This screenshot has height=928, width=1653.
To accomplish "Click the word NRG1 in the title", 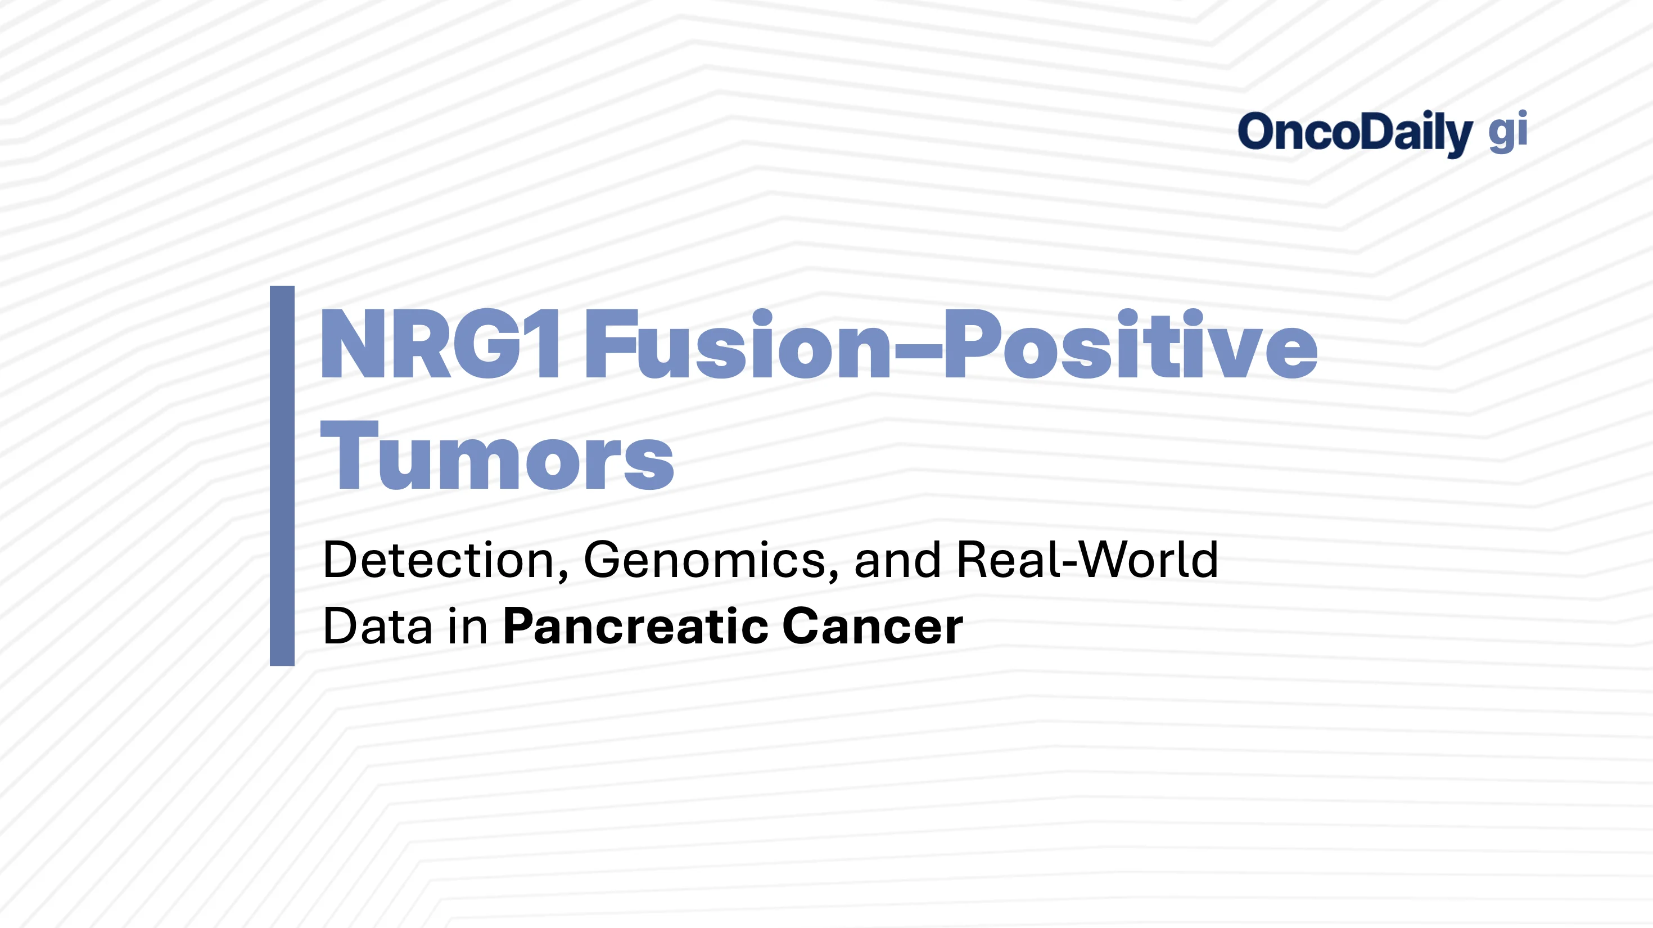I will click(x=441, y=345).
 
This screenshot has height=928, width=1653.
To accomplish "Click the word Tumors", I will click(x=498, y=457).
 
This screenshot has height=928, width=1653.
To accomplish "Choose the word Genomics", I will click(x=703, y=560).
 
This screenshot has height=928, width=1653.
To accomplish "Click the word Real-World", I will click(x=1087, y=560).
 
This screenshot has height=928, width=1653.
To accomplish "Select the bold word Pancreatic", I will click(x=635, y=626).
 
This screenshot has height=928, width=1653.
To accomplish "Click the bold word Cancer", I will click(x=873, y=626).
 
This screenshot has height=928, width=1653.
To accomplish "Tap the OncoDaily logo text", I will click(x=1354, y=132).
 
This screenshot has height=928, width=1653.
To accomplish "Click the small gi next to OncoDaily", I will click(x=1507, y=132).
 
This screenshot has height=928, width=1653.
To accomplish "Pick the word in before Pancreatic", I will click(x=468, y=626).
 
